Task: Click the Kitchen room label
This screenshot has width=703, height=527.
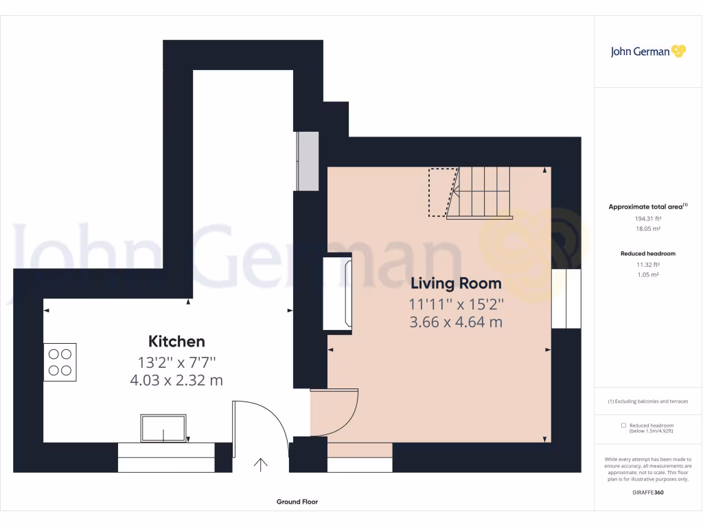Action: pyautogui.click(x=176, y=341)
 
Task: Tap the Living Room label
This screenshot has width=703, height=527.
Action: pyautogui.click(x=456, y=283)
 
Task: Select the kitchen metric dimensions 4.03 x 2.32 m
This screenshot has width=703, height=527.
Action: pyautogui.click(x=176, y=379)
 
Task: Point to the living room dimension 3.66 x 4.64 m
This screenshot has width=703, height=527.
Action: pyautogui.click(x=456, y=321)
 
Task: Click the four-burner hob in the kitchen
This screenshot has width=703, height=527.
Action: pyautogui.click(x=60, y=362)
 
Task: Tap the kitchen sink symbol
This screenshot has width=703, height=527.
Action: pyautogui.click(x=163, y=428)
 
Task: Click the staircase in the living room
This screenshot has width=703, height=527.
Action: pyautogui.click(x=481, y=193)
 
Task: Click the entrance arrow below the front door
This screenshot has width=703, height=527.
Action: pyautogui.click(x=261, y=465)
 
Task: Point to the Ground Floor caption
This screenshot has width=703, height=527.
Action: pyautogui.click(x=297, y=502)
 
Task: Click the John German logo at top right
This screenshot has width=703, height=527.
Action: pyautogui.click(x=648, y=51)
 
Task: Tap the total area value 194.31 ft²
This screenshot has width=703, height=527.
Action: pyautogui.click(x=648, y=219)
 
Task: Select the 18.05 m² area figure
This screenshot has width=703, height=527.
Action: pyautogui.click(x=648, y=229)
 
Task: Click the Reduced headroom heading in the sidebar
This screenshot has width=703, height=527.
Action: pyautogui.click(x=648, y=253)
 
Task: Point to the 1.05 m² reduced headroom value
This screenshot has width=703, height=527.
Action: pyautogui.click(x=648, y=274)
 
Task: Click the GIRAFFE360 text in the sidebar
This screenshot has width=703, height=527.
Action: pyautogui.click(x=648, y=492)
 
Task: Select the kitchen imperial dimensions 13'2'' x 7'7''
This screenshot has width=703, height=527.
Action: pyautogui.click(x=176, y=362)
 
